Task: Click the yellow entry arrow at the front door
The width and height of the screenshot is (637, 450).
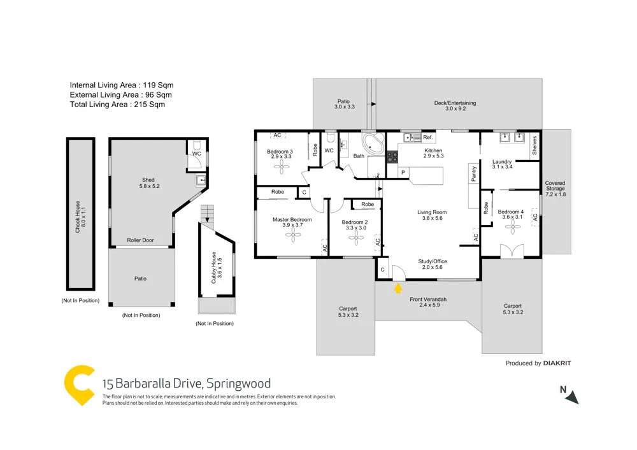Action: [x=398, y=288]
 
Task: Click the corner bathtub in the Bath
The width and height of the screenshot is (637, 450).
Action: [x=371, y=143]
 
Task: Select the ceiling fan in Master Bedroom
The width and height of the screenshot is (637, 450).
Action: [x=292, y=236]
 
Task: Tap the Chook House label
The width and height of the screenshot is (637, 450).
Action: [x=78, y=217]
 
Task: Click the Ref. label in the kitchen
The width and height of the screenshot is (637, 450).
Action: [x=427, y=137]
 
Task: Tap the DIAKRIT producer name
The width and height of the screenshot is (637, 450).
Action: [x=557, y=363]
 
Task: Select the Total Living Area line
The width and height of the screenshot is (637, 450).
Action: [x=117, y=105]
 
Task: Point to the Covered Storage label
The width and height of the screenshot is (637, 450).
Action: [x=555, y=189]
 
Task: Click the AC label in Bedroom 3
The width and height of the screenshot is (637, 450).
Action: [x=277, y=135]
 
